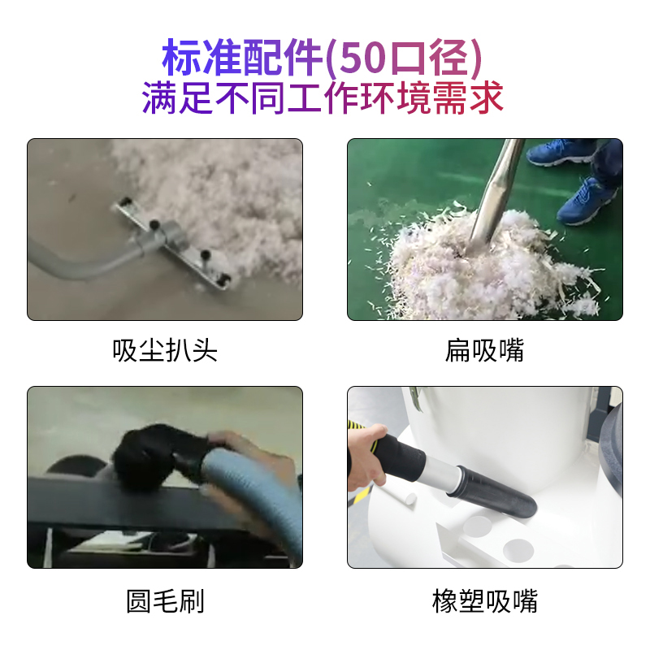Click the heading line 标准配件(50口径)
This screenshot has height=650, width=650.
(x=322, y=57)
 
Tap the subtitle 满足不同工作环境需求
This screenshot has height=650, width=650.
(x=323, y=97)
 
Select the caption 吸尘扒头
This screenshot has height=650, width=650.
(x=165, y=351)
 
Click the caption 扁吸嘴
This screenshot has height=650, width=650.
(x=484, y=351)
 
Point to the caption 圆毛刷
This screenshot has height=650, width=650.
(x=165, y=600)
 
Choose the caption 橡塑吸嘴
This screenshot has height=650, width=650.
(x=484, y=600)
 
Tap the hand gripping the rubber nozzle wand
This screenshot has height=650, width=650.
(x=367, y=456)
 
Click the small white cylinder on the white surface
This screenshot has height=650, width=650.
(x=399, y=496)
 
